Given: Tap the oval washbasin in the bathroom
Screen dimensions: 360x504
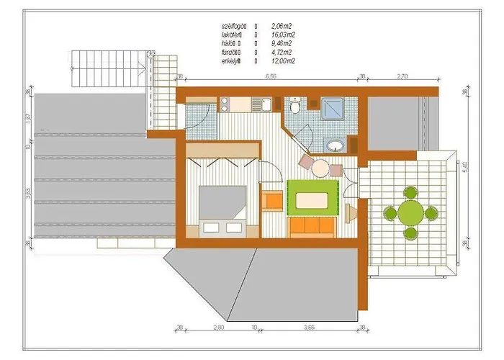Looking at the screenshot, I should click(x=336, y=145).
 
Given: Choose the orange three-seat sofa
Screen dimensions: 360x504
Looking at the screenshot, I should click(x=312, y=228).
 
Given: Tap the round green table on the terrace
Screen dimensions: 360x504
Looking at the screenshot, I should click(x=410, y=212).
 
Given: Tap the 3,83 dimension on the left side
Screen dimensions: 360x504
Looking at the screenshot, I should click(x=28, y=192).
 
